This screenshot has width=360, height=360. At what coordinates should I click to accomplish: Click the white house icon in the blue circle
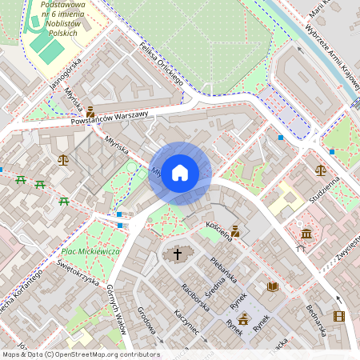[x=180, y=173]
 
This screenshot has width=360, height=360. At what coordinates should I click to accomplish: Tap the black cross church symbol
[x=178, y=254]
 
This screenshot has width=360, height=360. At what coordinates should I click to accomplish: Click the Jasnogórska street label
[x=66, y=73]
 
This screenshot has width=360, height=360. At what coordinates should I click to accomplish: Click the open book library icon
[x=272, y=286]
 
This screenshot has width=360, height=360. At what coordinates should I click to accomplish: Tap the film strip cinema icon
[x=338, y=316]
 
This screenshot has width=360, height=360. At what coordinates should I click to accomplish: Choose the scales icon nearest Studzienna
[x=321, y=170]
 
